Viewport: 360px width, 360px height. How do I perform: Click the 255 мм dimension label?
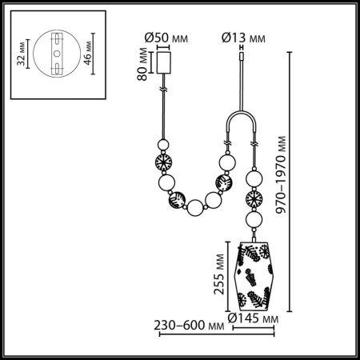coord(217,275)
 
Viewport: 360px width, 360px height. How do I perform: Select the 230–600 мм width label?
coord(188,326)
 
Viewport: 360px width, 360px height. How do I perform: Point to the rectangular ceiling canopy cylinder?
coord(166,62)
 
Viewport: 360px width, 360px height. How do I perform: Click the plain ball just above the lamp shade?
coord(254,219)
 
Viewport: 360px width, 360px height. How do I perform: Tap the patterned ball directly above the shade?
coord(254,198)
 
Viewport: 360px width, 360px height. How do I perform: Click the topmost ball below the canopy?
coord(165,146)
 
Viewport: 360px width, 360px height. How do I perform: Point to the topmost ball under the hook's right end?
coord(254,177)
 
